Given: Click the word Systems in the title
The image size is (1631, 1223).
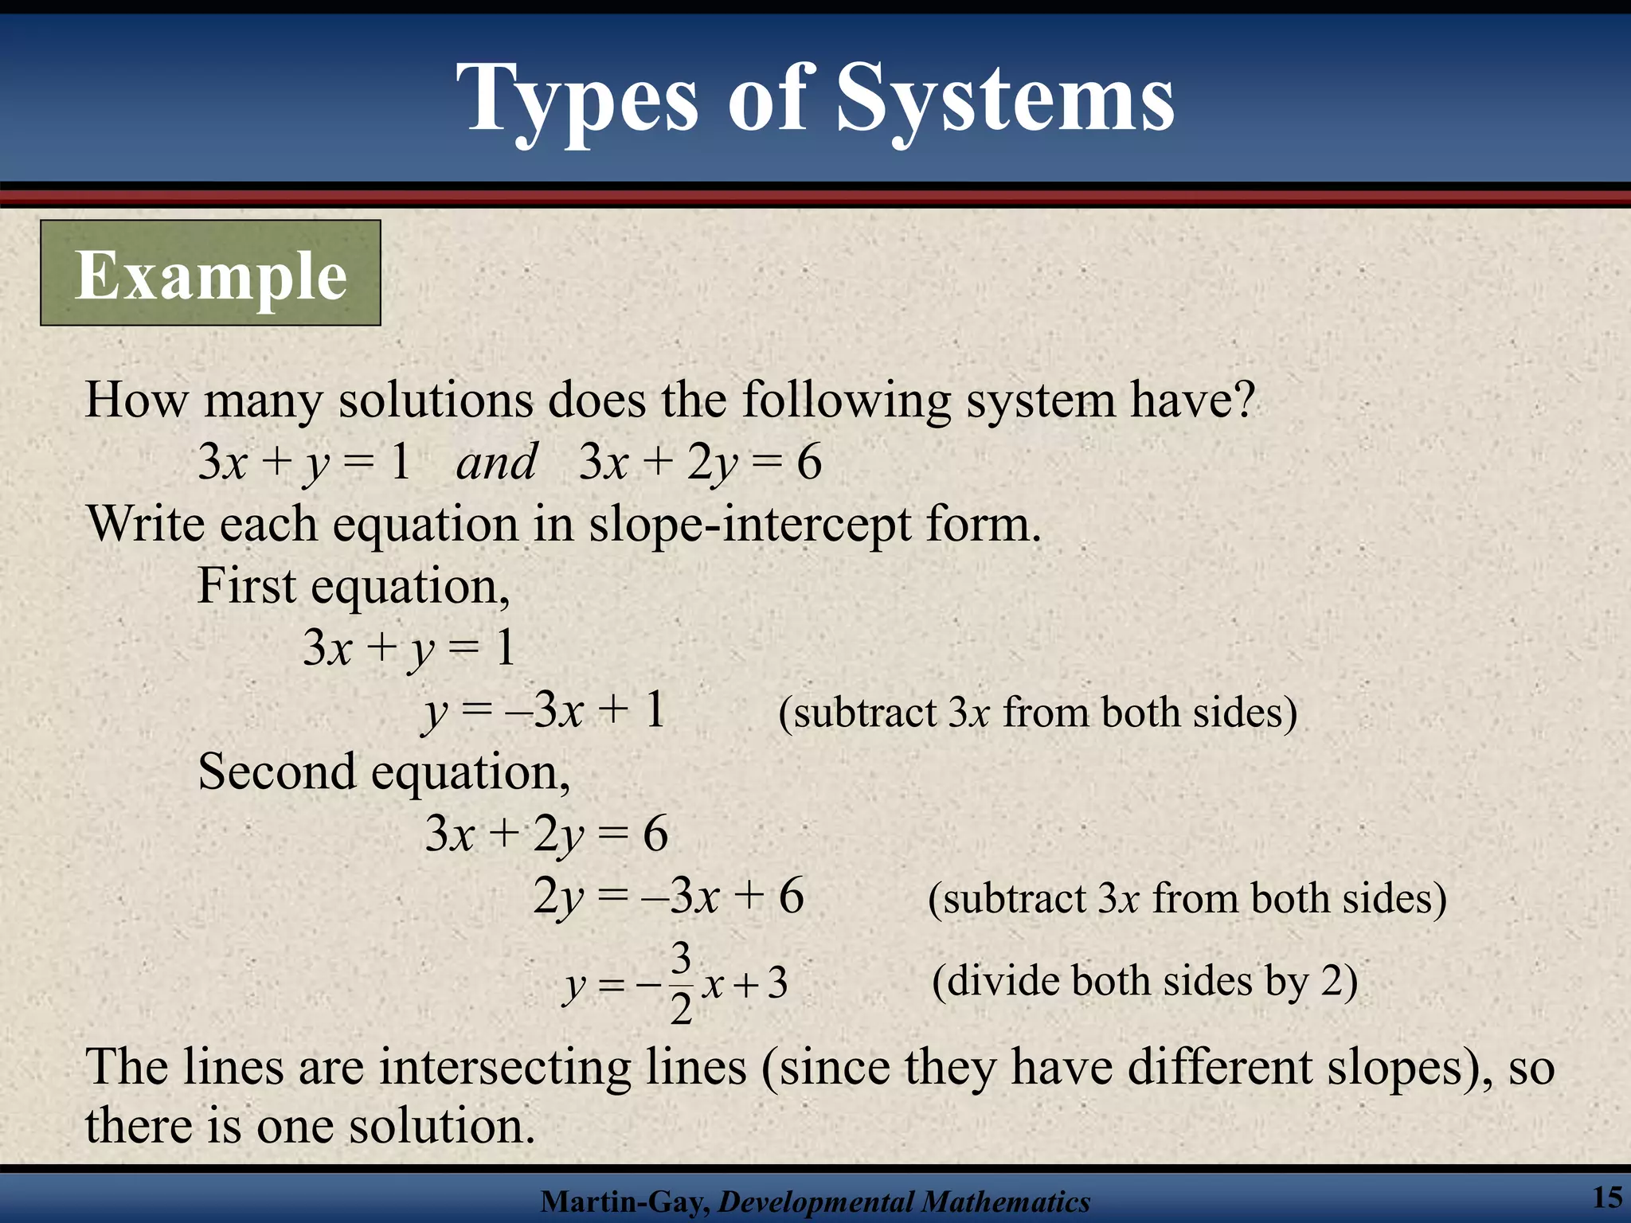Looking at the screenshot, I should pos(1005,100).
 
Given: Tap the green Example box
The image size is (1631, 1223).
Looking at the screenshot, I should pos(210,273).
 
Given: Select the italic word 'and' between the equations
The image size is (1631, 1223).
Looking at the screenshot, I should pos(495,462).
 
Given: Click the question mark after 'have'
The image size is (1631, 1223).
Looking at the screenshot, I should pos(1243,399).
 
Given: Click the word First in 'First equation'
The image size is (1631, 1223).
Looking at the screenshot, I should pos(247,587).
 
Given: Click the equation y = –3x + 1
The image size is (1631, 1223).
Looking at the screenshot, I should pos(544,710).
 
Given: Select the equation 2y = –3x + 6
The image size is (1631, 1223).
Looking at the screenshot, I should pos(667,897).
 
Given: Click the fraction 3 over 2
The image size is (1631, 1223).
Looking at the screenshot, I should pos(681,984).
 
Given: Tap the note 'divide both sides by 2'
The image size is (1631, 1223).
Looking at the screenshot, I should pos(1144,981).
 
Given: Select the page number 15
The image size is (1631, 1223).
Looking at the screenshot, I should pos(1607,1197).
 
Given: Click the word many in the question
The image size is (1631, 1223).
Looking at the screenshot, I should pos(263,401).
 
